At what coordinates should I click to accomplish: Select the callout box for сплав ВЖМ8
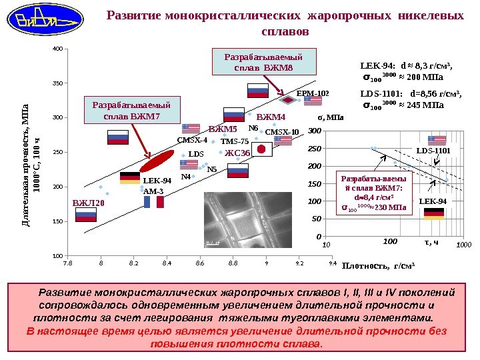click(x=264, y=62)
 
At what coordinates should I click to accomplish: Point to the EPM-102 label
click(x=313, y=94)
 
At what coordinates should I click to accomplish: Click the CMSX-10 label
click(x=282, y=132)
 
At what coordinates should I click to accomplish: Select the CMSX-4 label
click(x=192, y=141)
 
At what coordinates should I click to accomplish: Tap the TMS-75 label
click(x=234, y=141)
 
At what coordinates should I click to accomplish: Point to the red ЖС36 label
click(x=237, y=153)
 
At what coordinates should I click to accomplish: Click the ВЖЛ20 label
click(x=88, y=202)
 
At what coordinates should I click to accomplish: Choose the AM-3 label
click(x=153, y=191)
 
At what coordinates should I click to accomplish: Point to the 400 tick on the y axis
click(x=57, y=49)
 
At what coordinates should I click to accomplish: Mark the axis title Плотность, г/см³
click(x=378, y=267)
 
